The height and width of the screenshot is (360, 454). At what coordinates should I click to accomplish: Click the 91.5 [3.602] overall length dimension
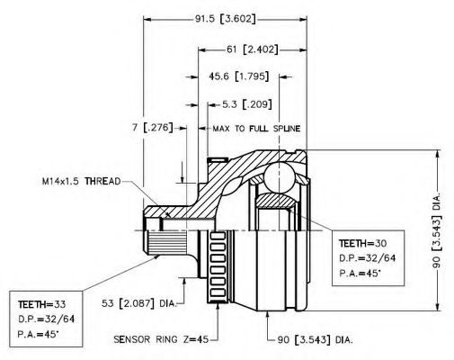[x=226, y=19]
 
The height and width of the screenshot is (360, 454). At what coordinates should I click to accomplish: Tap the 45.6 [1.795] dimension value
[x=239, y=76]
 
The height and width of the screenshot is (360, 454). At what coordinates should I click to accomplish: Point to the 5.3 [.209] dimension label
[x=247, y=104]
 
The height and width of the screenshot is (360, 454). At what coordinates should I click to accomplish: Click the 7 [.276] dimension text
[x=153, y=128]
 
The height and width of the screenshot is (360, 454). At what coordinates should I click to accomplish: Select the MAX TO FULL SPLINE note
[x=256, y=129]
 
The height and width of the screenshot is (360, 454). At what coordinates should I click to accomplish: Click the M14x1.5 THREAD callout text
[x=82, y=181]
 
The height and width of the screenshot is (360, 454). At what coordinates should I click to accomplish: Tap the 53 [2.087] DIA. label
[x=138, y=303]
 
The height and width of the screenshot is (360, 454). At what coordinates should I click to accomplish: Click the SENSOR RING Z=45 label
[x=161, y=339]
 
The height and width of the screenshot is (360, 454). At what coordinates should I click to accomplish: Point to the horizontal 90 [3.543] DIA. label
[x=315, y=339]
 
